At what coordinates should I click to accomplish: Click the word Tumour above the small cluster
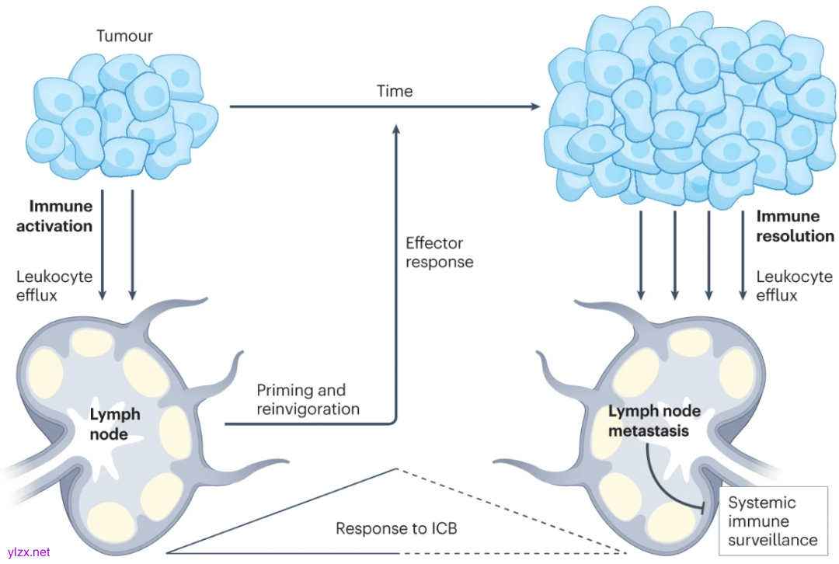[124, 37]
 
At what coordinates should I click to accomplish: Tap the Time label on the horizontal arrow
[395, 92]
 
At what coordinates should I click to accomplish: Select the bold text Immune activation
[61, 217]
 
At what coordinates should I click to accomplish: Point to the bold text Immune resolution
[795, 226]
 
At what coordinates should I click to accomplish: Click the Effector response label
[439, 252]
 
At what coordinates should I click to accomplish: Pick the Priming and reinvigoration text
[308, 399]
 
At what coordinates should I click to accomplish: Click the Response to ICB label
[396, 529]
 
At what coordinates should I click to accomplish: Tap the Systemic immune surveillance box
[772, 521]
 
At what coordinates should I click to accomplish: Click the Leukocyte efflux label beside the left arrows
[54, 285]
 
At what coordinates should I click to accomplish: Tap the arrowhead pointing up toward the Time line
[398, 132]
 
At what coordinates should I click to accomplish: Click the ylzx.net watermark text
[26, 552]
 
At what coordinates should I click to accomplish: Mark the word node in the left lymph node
[109, 434]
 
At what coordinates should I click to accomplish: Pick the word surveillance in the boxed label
[772, 540]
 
